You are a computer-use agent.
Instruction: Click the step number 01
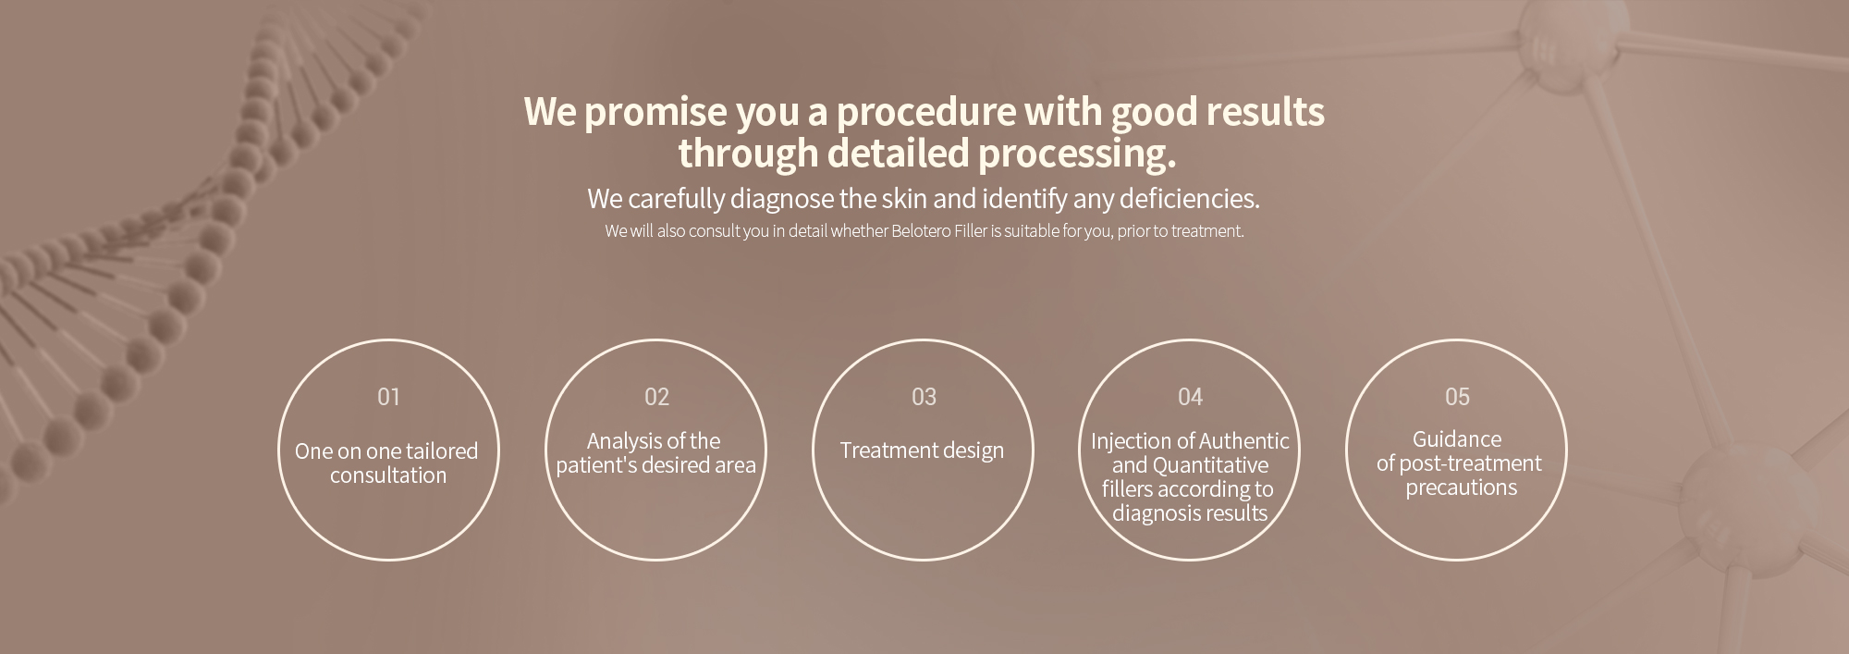click(388, 397)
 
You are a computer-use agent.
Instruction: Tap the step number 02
click(656, 397)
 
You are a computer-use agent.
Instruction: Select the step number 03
click(924, 397)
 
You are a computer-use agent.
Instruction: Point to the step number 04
click(1190, 397)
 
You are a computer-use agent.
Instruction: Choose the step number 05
click(1457, 397)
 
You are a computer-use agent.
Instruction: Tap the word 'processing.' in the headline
click(1077, 154)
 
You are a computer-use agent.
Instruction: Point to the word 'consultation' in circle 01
click(388, 475)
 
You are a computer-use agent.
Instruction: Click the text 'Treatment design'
click(922, 450)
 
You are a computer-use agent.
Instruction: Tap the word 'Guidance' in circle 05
click(1457, 439)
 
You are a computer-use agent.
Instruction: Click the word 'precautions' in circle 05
click(1462, 488)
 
